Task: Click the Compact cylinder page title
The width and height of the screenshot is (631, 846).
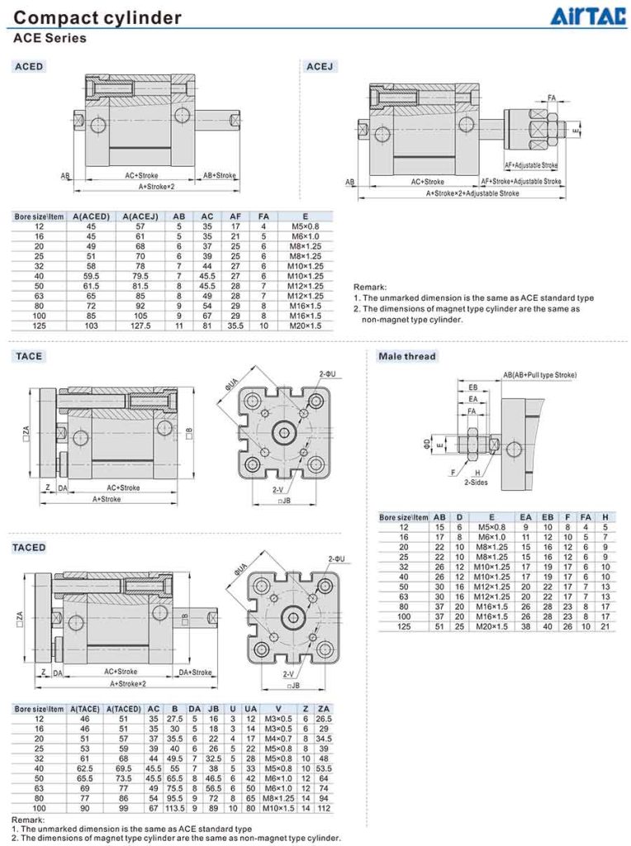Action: [97, 17]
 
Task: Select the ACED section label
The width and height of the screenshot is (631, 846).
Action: [29, 66]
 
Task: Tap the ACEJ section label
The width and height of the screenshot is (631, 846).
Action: [320, 66]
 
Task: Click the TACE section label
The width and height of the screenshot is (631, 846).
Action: [28, 356]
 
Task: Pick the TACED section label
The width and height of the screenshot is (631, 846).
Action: [31, 547]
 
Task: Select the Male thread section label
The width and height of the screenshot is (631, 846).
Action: [406, 356]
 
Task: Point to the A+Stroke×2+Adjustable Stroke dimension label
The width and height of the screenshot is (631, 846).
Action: [472, 193]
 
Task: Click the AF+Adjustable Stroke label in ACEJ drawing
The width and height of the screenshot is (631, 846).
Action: [531, 165]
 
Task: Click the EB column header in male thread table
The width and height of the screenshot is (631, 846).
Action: [547, 517]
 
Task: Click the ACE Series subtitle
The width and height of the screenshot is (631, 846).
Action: [50, 38]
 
